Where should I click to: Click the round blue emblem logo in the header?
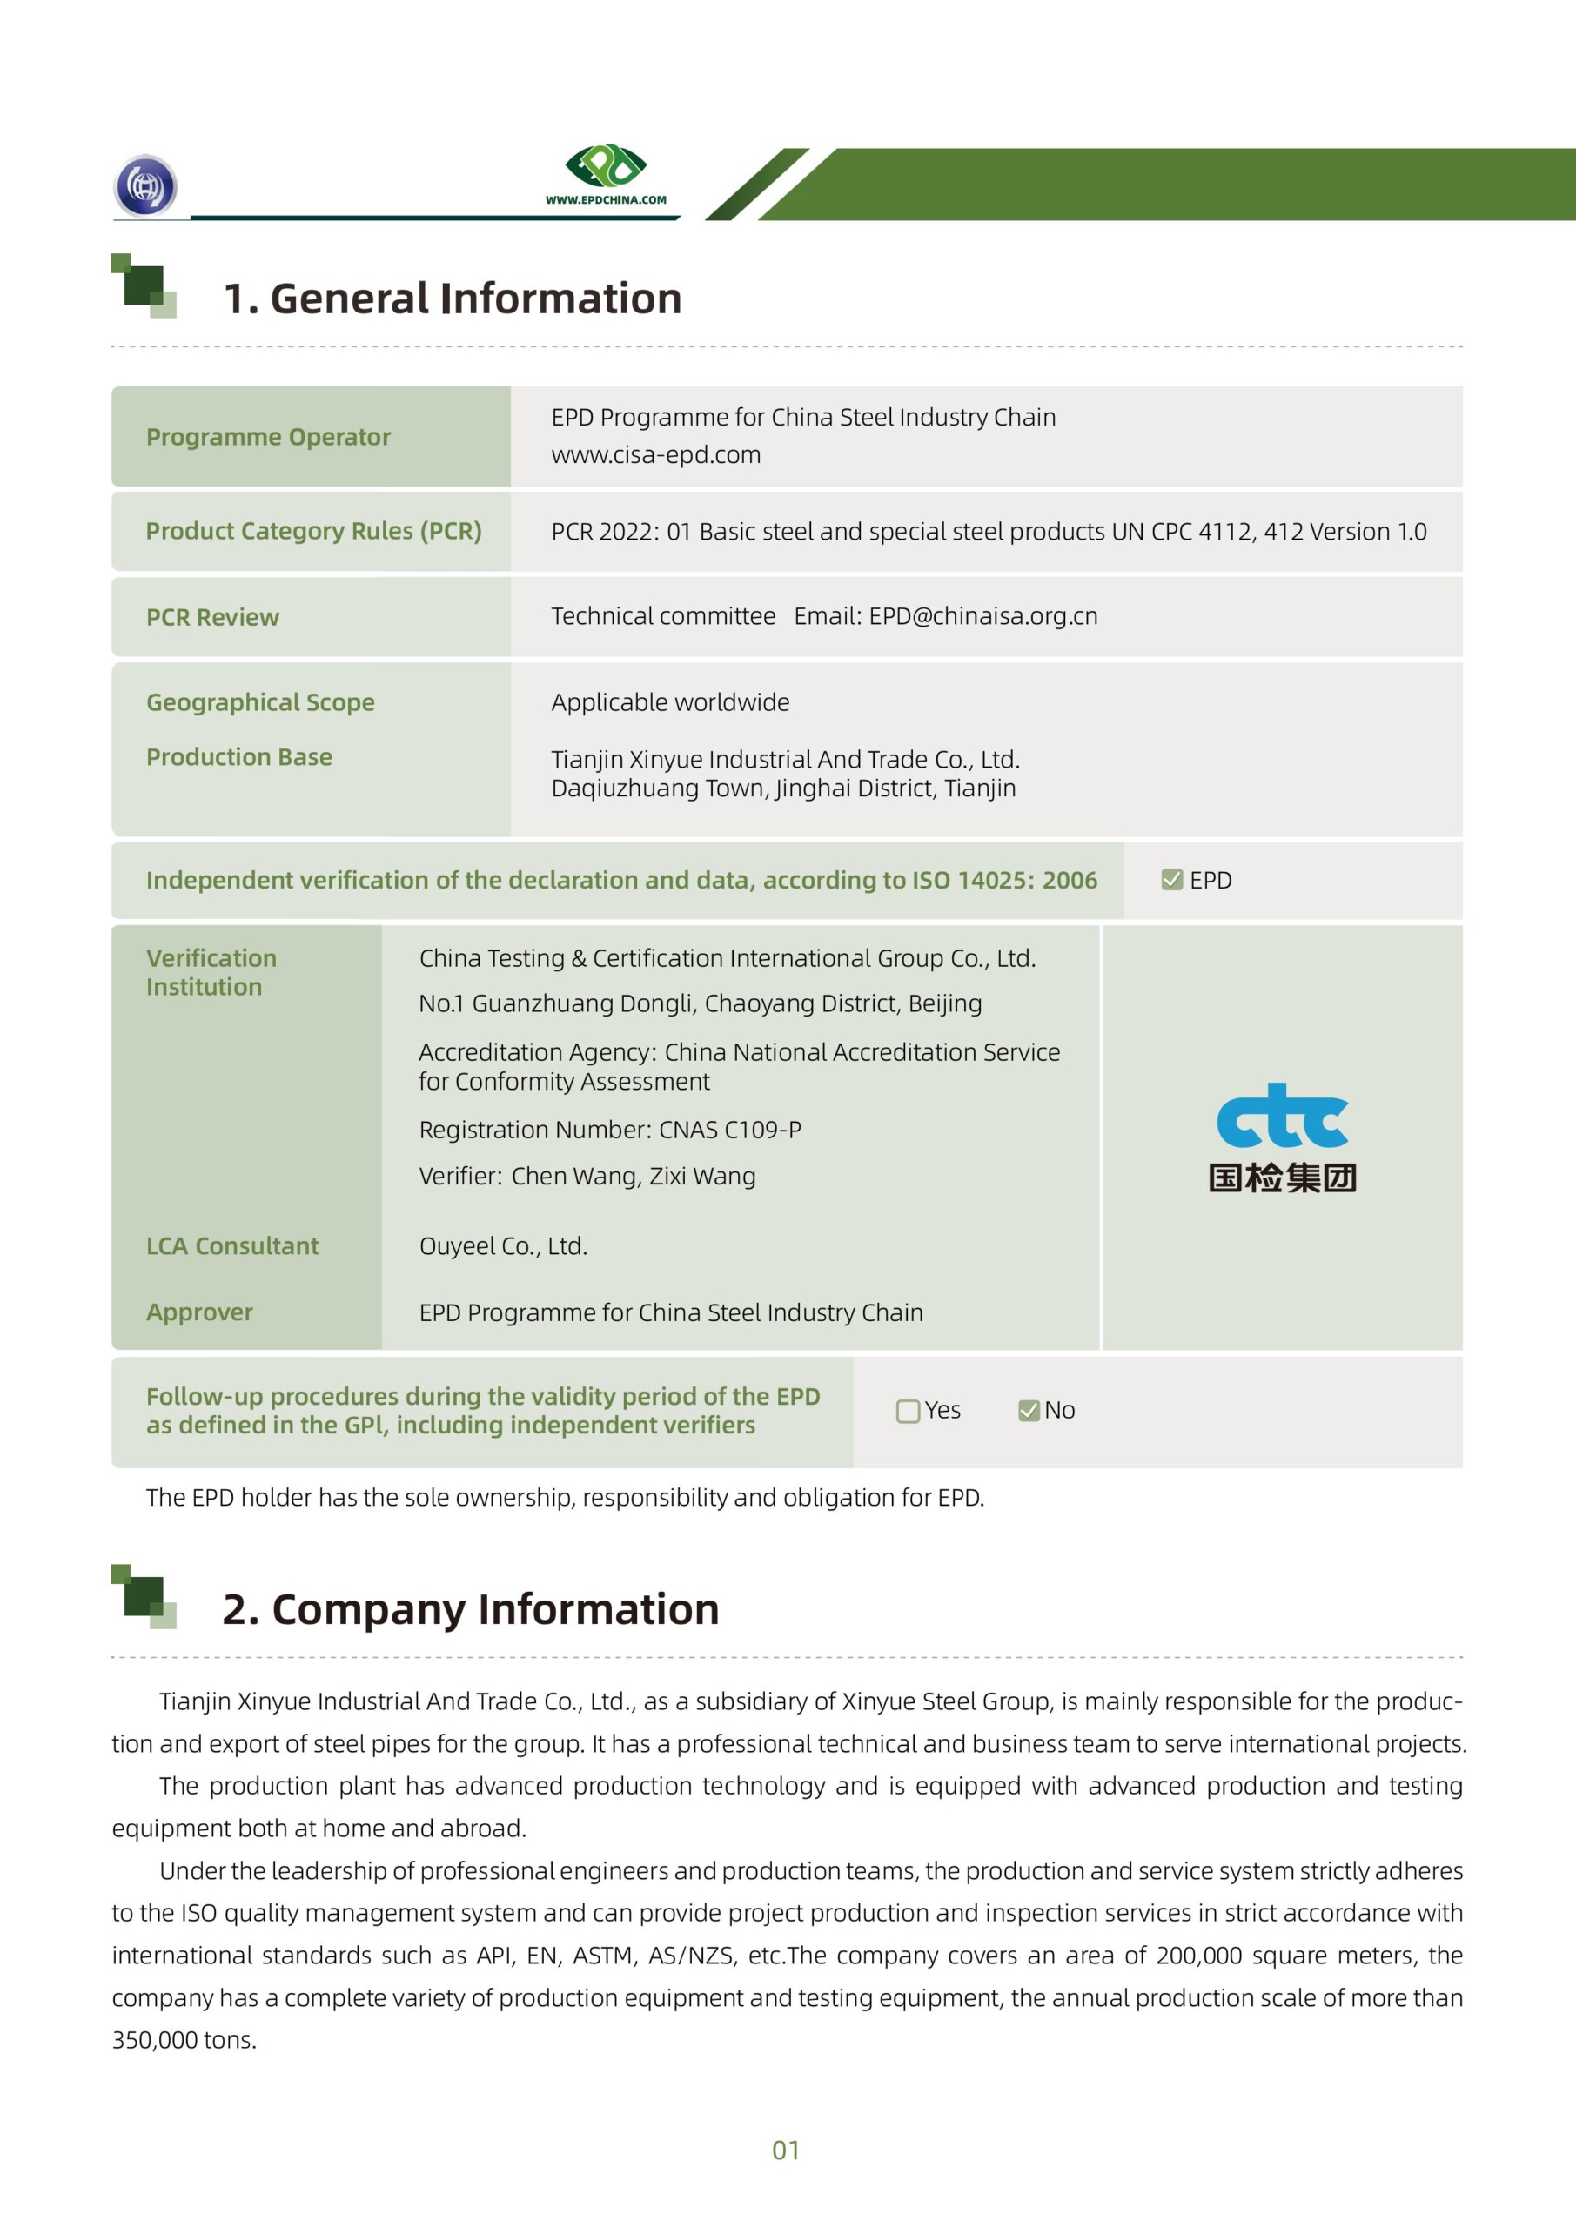pyautogui.click(x=145, y=185)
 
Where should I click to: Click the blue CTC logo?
pyautogui.click(x=1282, y=1116)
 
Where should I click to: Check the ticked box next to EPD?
pyautogui.click(x=1171, y=879)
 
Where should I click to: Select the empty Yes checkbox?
pyautogui.click(x=908, y=1411)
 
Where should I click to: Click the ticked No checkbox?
pyautogui.click(x=1029, y=1411)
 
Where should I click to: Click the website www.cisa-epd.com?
pyautogui.click(x=655, y=455)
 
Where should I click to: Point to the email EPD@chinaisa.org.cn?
pyautogui.click(x=983, y=616)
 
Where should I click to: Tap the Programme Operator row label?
pyautogui.click(x=268, y=438)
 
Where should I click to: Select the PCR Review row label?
pyautogui.click(x=212, y=617)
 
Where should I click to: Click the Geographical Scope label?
pyautogui.click(x=260, y=702)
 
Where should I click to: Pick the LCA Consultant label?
pyautogui.click(x=232, y=1246)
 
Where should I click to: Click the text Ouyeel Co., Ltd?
pyautogui.click(x=503, y=1246)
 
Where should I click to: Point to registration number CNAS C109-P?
pyautogui.click(x=730, y=1130)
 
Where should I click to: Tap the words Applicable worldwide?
pyautogui.click(x=669, y=702)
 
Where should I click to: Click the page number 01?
pyautogui.click(x=785, y=2151)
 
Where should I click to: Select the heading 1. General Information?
pyautogui.click(x=453, y=299)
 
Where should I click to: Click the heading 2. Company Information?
pyautogui.click(x=471, y=1609)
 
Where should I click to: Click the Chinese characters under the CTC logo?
pyautogui.click(x=1282, y=1178)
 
